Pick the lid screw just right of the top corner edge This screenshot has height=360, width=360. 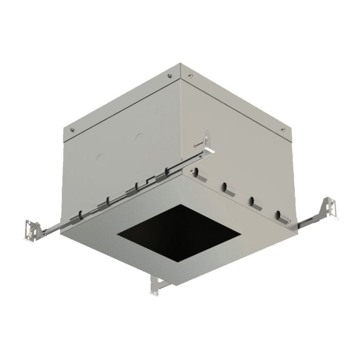click(x=191, y=77)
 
